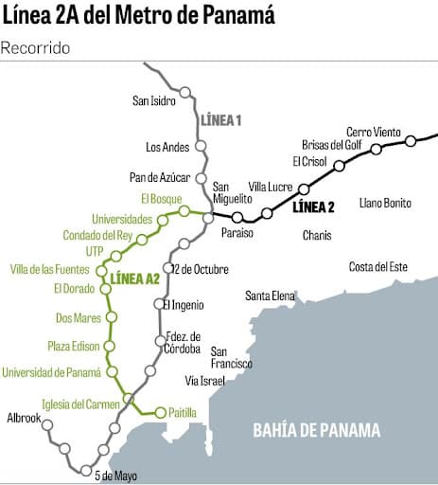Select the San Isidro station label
155,100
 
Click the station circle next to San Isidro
185,93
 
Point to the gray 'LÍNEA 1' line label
219,120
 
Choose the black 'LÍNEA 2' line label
313,207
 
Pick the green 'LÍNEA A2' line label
135,278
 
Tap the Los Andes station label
167,147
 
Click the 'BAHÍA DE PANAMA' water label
316,431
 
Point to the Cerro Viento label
373,132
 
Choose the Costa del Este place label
377,267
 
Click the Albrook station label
24,417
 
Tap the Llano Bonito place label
385,203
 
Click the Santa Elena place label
270,296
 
